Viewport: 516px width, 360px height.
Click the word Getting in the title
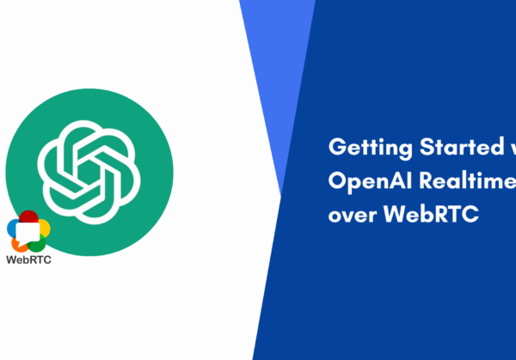point(362,147)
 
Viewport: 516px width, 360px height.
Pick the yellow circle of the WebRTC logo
point(43,228)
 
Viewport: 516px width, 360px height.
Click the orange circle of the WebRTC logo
point(19,243)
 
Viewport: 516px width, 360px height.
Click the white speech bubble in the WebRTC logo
point(28,231)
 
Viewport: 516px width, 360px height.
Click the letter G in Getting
point(336,147)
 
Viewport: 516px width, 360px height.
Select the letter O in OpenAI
point(337,180)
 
